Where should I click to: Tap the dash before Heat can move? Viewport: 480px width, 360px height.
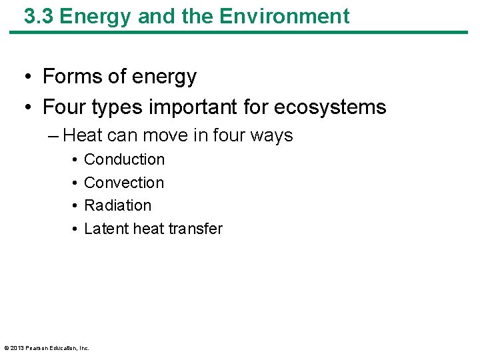pos(53,135)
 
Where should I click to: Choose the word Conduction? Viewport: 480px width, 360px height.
pos(124,159)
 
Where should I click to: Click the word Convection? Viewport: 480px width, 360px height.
pos(124,183)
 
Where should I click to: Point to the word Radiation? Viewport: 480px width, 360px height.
pos(118,205)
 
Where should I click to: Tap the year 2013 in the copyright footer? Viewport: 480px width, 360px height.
pos(17,348)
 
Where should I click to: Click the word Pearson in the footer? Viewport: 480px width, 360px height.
pos(36,348)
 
